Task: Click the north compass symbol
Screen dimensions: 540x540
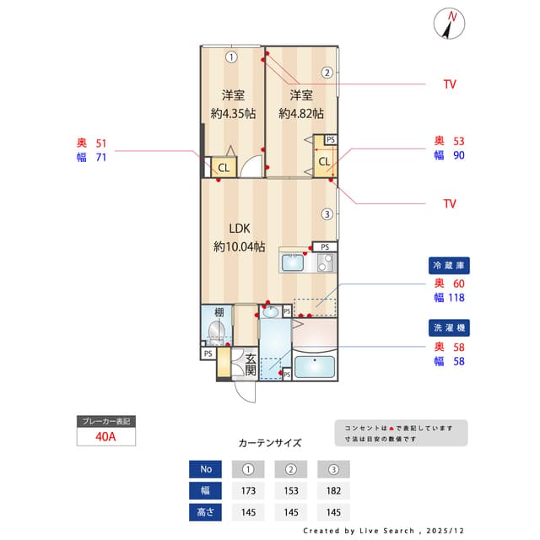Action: [451, 24]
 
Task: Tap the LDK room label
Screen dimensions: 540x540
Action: [239, 228]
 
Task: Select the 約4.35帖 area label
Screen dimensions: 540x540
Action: [233, 113]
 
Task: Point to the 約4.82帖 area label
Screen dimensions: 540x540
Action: [301, 113]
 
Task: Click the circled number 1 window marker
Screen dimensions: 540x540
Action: [231, 57]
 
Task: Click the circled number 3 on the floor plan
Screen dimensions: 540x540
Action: [327, 213]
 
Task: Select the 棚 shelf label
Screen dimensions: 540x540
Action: [218, 311]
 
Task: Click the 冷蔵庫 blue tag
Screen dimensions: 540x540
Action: [447, 265]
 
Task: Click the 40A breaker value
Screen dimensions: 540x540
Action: [106, 437]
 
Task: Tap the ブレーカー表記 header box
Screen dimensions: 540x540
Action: [106, 421]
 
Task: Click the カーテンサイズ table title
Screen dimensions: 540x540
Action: [270, 442]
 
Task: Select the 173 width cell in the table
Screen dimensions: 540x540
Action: [248, 489]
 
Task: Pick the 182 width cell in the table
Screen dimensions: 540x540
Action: [333, 489]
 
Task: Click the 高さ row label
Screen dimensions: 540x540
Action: [206, 510]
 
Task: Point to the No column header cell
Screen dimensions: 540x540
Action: [206, 468]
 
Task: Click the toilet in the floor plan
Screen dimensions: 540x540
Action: [217, 330]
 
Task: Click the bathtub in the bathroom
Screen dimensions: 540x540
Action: [313, 368]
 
